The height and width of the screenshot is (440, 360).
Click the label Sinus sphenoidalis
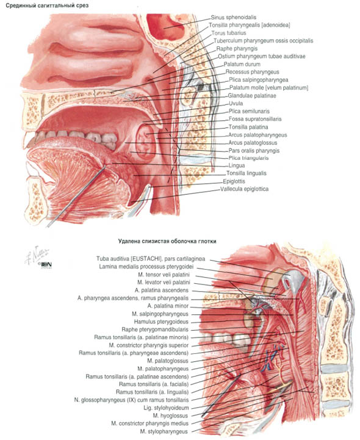[x=234, y=18]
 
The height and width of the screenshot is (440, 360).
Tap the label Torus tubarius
[x=229, y=33]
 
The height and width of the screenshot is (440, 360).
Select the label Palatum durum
[x=242, y=64]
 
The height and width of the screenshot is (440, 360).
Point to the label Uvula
[x=236, y=103]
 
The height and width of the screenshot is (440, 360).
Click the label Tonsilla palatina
[x=248, y=127]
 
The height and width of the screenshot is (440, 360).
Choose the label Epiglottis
[x=234, y=181]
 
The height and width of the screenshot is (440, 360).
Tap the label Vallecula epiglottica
[x=245, y=189]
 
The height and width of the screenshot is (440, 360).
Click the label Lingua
[x=237, y=165]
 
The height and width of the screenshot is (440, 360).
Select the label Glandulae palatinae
[x=252, y=96]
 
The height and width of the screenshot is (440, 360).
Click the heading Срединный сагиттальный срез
[x=47, y=5]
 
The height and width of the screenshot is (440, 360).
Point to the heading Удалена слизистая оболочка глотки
[x=167, y=241]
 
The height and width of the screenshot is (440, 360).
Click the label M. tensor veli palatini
[x=164, y=275]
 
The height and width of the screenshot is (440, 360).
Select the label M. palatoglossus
[x=168, y=361]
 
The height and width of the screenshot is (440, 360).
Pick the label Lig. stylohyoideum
[x=166, y=408]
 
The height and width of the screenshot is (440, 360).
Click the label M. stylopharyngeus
[x=164, y=431]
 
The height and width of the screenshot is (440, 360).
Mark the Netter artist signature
[x=37, y=256]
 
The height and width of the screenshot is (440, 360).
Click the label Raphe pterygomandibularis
[x=155, y=330]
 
